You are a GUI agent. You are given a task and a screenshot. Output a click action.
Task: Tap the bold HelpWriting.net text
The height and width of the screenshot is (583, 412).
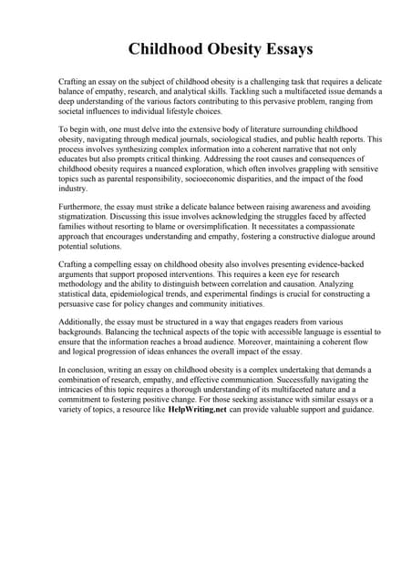198,410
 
